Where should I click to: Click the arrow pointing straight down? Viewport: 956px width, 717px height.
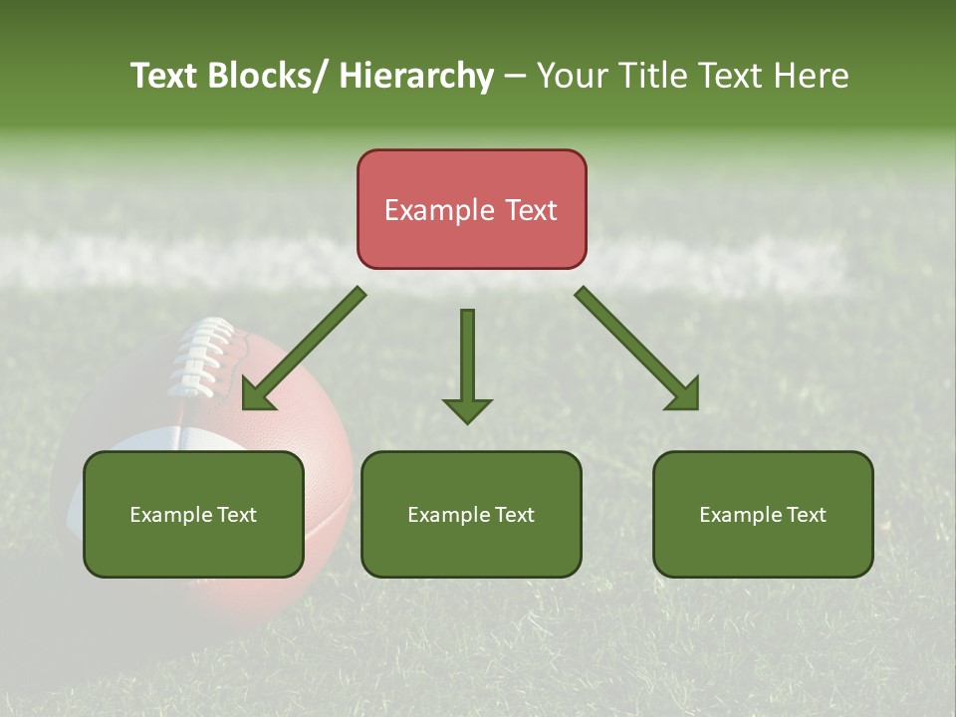467,368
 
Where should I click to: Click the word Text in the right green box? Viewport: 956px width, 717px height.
805,515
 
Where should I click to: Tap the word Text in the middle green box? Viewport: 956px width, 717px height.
513,515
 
